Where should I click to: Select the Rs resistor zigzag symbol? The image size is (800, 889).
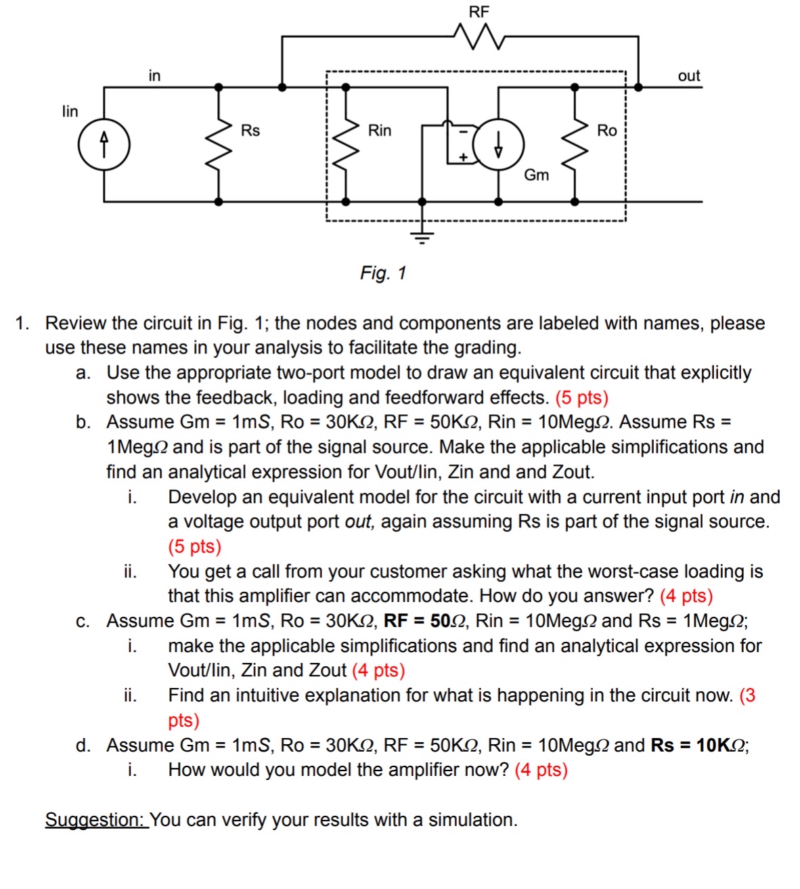[219, 144]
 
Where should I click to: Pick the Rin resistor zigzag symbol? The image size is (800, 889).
[346, 144]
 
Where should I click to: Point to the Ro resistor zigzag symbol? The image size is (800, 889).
[575, 144]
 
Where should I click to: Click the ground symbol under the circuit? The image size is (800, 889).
[422, 236]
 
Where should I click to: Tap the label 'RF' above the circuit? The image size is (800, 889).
[479, 12]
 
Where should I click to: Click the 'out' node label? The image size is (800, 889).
[688, 76]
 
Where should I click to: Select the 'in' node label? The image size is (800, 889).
[154, 75]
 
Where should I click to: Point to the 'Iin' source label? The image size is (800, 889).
[70, 111]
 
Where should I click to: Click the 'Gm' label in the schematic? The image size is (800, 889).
[536, 175]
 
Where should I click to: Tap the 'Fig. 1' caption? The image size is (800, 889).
[383, 273]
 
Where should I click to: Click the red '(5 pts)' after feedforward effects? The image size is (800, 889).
[581, 397]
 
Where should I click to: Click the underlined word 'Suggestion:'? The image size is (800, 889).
[95, 820]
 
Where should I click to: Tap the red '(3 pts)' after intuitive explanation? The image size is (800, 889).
[747, 696]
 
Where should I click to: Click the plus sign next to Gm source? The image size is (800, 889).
[464, 156]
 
